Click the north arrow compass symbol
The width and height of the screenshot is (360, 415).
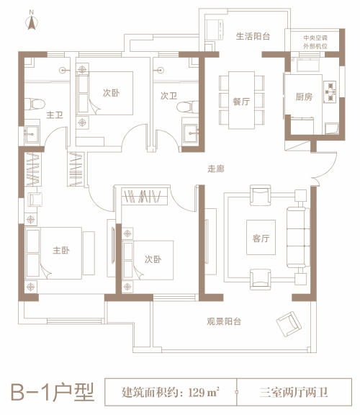pos(32,22)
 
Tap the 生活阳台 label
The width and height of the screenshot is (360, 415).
pos(253,36)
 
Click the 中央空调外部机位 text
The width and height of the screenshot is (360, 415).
pos(315,42)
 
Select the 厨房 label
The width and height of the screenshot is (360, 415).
pos(304,97)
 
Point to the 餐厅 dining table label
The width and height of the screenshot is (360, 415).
pos(241,102)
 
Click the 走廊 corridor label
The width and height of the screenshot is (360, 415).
pos(216,169)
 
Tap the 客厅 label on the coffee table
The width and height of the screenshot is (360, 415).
pos(261,238)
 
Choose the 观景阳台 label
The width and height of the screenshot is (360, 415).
pos(224,321)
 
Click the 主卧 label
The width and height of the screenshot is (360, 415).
pos(61,250)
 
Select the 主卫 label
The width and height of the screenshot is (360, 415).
pos(55,115)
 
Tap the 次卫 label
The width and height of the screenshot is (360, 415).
pos(168,96)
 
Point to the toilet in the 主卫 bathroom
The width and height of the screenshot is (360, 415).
pos(35,104)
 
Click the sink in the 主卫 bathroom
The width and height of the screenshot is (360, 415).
pos(32,134)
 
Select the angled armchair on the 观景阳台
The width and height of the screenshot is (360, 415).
pos(289,324)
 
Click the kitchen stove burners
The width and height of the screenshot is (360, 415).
pos(330,92)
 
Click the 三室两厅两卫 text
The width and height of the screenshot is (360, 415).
pos(294,392)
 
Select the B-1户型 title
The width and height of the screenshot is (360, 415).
pos(53,392)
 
